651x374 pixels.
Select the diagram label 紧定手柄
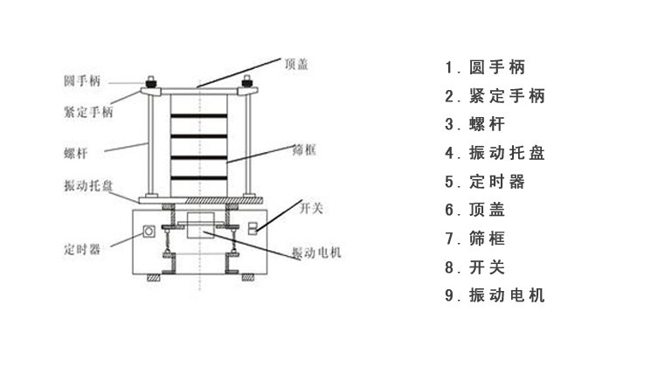pos(87,112)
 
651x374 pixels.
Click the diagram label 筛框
pos(303,150)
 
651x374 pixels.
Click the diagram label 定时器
pos(81,248)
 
